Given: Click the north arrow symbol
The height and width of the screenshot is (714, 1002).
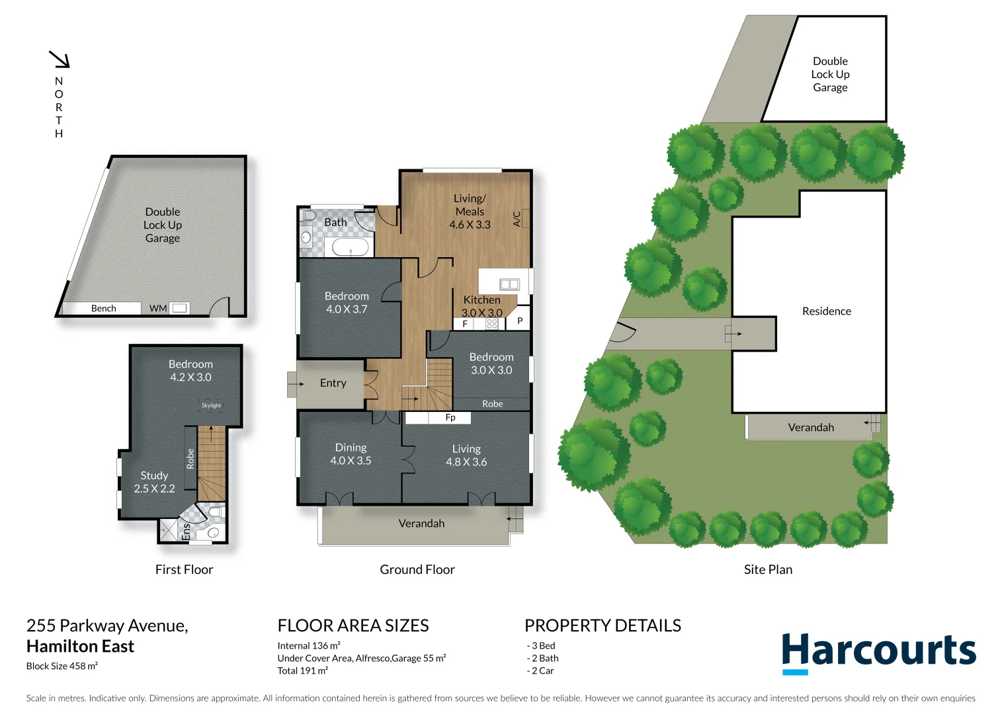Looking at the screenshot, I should pyautogui.click(x=60, y=59).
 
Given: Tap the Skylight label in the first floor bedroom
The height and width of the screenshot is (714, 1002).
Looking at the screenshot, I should pyautogui.click(x=211, y=405).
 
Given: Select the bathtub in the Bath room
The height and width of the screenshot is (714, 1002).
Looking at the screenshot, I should pyautogui.click(x=349, y=248).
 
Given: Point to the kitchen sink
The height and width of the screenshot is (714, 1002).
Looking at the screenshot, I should pyautogui.click(x=509, y=284).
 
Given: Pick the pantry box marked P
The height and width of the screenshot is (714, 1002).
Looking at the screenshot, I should pyautogui.click(x=520, y=321).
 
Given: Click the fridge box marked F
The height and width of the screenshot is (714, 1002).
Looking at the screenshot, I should pyautogui.click(x=465, y=324).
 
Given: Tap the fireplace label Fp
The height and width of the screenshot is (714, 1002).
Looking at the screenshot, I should pyautogui.click(x=450, y=418).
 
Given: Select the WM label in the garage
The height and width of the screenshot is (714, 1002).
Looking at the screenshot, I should pyautogui.click(x=158, y=308).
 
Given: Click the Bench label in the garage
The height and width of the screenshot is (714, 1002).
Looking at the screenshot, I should pyautogui.click(x=103, y=308).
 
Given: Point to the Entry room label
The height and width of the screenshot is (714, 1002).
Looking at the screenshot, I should pyautogui.click(x=333, y=383).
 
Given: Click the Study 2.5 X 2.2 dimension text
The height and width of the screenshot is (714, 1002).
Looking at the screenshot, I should pyautogui.click(x=154, y=489).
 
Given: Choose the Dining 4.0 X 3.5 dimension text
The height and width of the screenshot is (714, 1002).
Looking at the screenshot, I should pyautogui.click(x=351, y=461).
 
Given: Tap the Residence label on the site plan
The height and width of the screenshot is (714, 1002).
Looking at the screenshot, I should pyautogui.click(x=826, y=311).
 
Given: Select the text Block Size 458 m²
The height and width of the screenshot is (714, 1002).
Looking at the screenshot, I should pyautogui.click(x=62, y=666).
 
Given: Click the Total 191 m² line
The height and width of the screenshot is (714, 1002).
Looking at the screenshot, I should pyautogui.click(x=302, y=670).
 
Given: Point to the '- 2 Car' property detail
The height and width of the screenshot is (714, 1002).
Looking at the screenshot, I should pyautogui.click(x=540, y=670).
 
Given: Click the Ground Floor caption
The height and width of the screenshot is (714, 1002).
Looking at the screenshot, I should pyautogui.click(x=417, y=569).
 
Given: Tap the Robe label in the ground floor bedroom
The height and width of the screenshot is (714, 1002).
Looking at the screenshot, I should pyautogui.click(x=492, y=404).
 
